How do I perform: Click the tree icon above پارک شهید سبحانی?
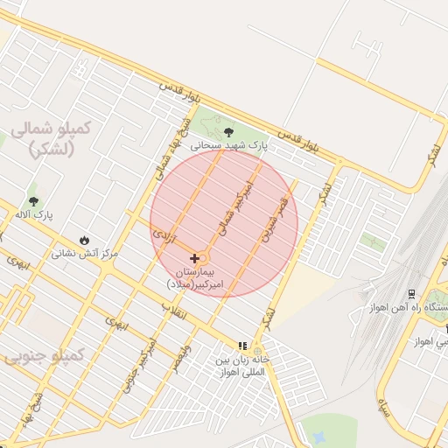click(229, 132)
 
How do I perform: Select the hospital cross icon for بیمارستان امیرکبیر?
click(194, 258)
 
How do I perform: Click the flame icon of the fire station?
click(84, 239)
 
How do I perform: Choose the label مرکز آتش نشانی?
click(84, 253)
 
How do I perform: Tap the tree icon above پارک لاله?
click(34, 200)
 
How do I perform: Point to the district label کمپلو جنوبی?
click(43, 355)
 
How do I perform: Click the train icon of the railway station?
click(411, 295)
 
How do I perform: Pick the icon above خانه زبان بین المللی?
click(241, 346)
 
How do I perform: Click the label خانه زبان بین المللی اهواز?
click(241, 365)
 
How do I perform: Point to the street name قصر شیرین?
click(273, 224)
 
